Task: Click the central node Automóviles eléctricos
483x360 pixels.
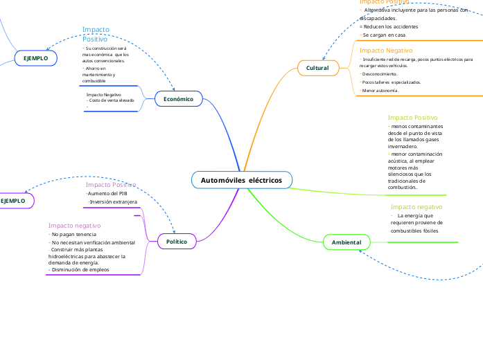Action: (x=241, y=180)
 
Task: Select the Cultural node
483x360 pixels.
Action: (x=317, y=68)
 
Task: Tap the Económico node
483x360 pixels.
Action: (x=178, y=99)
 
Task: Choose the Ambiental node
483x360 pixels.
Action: (x=346, y=242)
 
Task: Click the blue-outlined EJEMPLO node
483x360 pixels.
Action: (x=35, y=58)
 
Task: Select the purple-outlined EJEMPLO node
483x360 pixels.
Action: (x=13, y=201)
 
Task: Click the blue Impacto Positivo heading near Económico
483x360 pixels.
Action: (x=96, y=34)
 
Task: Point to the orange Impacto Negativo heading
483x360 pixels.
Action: (x=385, y=51)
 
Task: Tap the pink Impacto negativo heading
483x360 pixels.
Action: (x=74, y=226)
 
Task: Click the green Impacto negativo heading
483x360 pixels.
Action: (x=416, y=207)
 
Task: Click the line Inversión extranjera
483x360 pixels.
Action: (x=113, y=202)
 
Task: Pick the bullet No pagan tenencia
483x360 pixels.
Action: (x=73, y=235)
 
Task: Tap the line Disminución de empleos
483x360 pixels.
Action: (x=79, y=269)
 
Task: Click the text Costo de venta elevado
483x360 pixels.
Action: (x=111, y=100)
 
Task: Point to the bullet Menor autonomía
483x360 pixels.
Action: (x=380, y=91)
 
